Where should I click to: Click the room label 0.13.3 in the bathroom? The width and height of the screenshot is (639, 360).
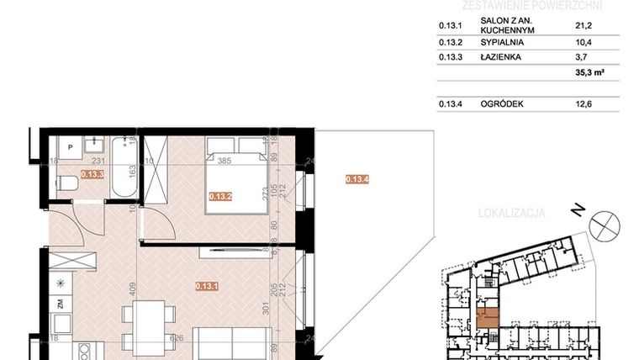pyautogui.click(x=92, y=175)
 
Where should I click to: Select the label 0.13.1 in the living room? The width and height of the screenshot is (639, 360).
pyautogui.click(x=207, y=285)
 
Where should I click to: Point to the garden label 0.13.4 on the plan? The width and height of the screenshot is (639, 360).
pyautogui.click(x=357, y=178)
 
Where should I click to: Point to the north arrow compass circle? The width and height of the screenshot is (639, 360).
pyautogui.click(x=604, y=226)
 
